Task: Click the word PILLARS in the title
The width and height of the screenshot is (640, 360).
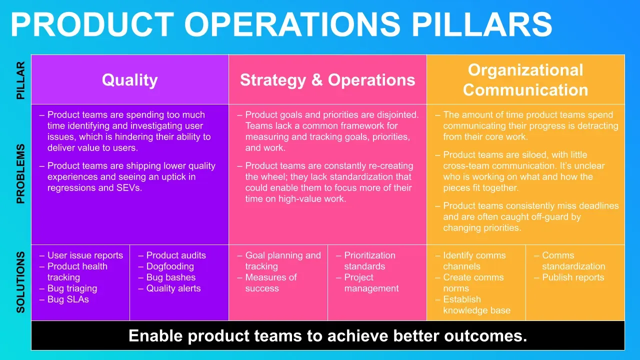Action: pyautogui.click(x=481, y=24)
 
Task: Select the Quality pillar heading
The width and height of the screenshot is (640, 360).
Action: pyautogui.click(x=129, y=79)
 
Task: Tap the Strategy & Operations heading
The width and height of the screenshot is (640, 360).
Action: pyautogui.click(x=327, y=79)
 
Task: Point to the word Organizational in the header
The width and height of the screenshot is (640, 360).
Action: pyautogui.click(x=525, y=70)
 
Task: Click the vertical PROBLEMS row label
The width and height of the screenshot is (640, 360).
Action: pyautogui.click(x=20, y=173)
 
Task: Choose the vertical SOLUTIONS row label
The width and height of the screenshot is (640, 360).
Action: pyautogui.click(x=20, y=282)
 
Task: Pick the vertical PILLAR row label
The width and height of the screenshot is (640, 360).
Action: pyautogui.click(x=20, y=80)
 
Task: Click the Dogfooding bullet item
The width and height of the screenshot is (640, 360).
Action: pyautogui.click(x=170, y=266)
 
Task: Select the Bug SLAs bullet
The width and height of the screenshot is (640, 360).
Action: pyautogui.click(x=68, y=299)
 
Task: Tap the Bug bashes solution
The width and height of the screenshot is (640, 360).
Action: pyautogui.click(x=171, y=277)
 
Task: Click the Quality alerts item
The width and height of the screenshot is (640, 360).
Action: pyautogui.click(x=173, y=288)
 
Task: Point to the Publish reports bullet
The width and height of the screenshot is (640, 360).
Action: pyautogui.click(x=573, y=277)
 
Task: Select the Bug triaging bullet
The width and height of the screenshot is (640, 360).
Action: pyautogui.click(x=72, y=288)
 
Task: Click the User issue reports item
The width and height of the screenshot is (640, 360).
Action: pyautogui.click(x=85, y=255)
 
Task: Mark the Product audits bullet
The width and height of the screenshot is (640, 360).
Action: pyautogui.click(x=176, y=255)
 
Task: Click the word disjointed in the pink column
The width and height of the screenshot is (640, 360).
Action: pyautogui.click(x=398, y=115)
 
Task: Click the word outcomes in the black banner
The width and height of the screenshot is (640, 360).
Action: pyautogui.click(x=485, y=335)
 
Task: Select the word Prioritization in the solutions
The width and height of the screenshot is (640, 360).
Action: pyautogui.click(x=369, y=255)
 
